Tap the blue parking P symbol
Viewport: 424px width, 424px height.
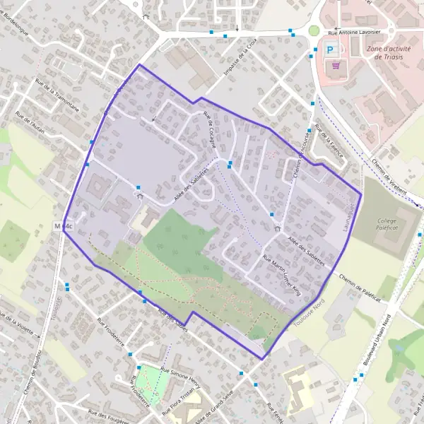330,49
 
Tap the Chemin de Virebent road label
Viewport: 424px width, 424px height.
389,173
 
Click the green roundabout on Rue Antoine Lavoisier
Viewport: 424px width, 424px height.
314,31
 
